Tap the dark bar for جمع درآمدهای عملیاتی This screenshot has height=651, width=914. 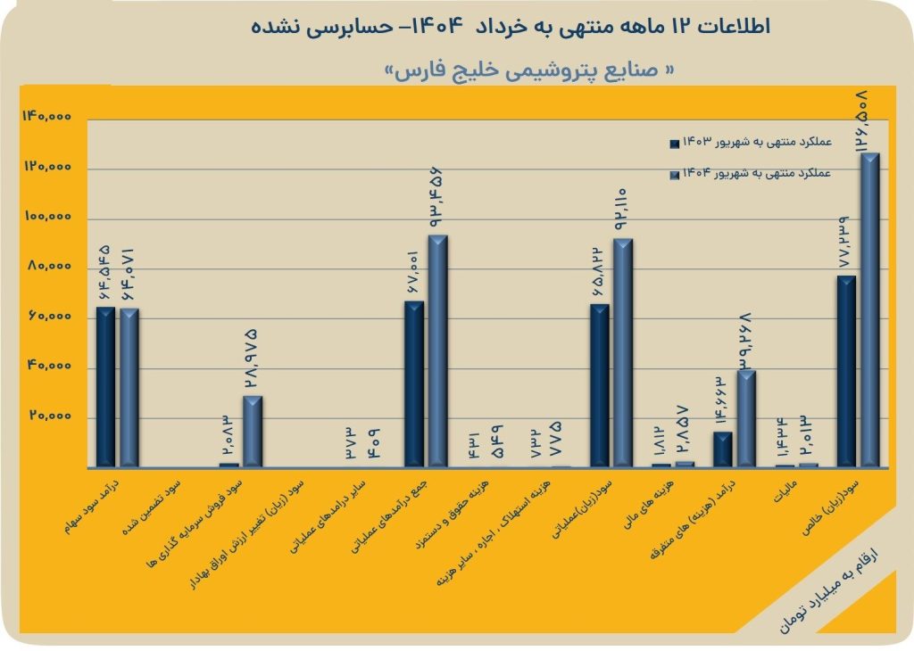(413, 383)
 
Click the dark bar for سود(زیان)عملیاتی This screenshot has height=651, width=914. (600, 385)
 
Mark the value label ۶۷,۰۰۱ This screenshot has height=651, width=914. (414, 273)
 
